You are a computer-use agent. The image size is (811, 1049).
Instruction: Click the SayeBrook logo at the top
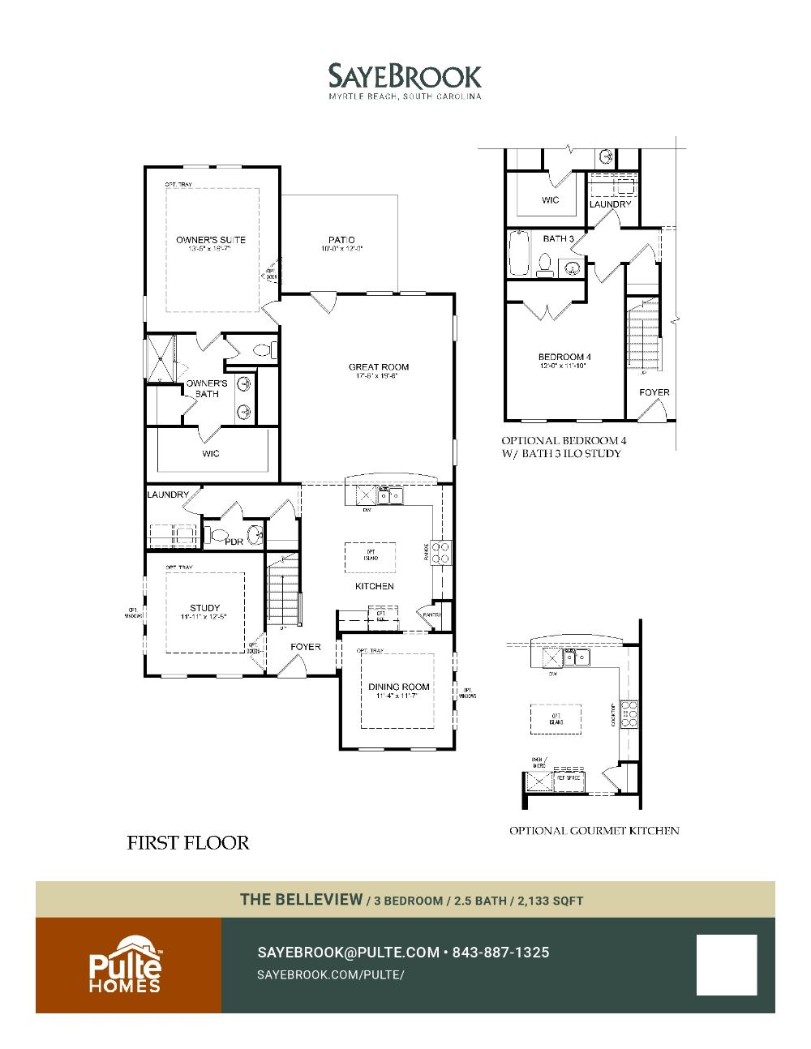point(405,80)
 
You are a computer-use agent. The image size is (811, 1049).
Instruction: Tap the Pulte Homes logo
point(125,965)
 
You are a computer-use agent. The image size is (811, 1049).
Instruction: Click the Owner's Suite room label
point(211,240)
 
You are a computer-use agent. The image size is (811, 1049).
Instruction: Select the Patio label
point(341,240)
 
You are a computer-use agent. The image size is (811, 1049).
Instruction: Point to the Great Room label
point(378,367)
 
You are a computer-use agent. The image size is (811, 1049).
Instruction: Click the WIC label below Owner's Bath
point(211,453)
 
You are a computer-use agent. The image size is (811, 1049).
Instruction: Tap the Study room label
point(205,608)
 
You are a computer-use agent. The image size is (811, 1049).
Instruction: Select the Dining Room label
point(399,687)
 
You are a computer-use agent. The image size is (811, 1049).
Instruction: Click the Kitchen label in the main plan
point(374,586)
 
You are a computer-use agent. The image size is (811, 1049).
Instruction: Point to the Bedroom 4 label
point(564,358)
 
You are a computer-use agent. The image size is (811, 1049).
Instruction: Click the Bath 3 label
point(558,239)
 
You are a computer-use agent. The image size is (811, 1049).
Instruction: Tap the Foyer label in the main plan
point(306,647)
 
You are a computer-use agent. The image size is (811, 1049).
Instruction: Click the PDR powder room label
point(234,542)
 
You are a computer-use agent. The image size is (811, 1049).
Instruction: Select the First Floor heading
point(188,843)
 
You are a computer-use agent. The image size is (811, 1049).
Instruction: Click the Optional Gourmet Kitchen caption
point(594,830)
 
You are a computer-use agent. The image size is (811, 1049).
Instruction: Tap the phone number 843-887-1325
point(500,953)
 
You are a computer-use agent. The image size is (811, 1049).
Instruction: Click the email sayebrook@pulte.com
point(348,953)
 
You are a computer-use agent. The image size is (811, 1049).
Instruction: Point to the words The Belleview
point(301,899)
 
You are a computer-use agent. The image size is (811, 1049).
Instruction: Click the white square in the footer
point(726,965)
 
